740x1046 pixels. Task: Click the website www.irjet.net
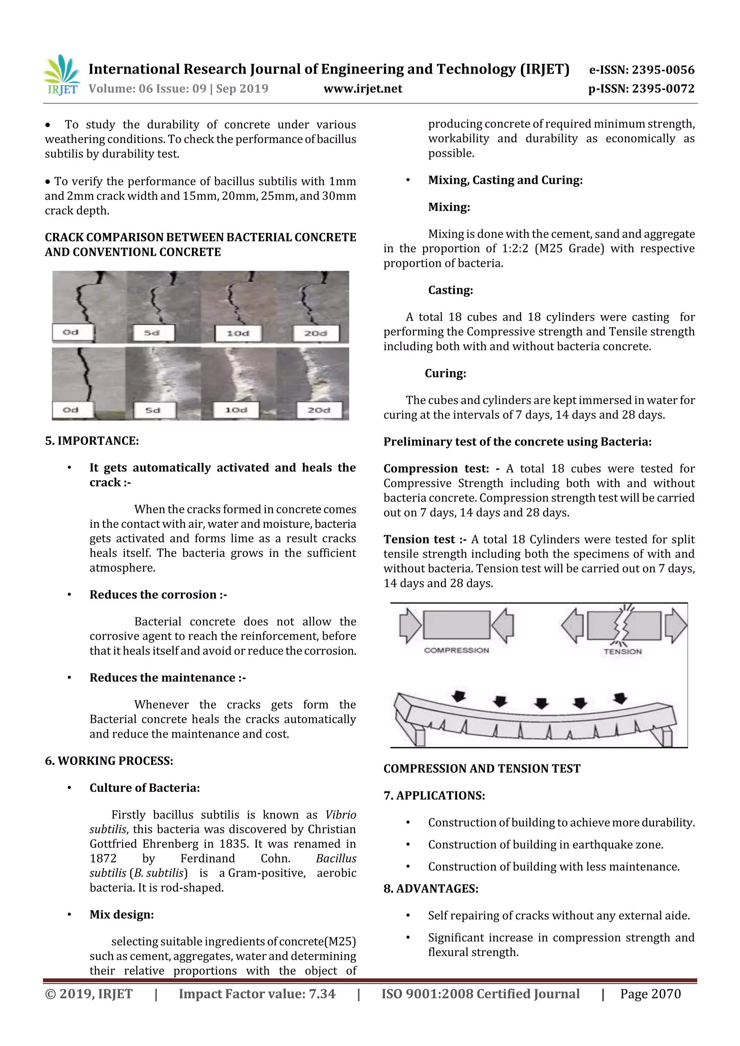click(x=362, y=89)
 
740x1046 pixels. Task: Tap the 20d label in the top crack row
click(x=315, y=333)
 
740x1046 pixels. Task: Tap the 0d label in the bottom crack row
click(x=71, y=409)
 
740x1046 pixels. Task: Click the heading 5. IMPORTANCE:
click(x=92, y=440)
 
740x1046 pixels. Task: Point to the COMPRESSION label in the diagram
click(x=456, y=650)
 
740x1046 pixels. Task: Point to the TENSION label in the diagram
click(x=622, y=651)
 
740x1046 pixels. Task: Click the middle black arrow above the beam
click(x=541, y=703)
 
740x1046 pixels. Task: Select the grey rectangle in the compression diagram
click(x=456, y=625)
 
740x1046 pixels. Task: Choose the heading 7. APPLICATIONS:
click(x=434, y=795)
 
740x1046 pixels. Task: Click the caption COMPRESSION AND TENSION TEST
click(x=482, y=769)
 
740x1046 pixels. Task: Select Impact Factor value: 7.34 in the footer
click(x=257, y=994)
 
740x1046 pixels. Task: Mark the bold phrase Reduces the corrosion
click(x=153, y=595)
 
